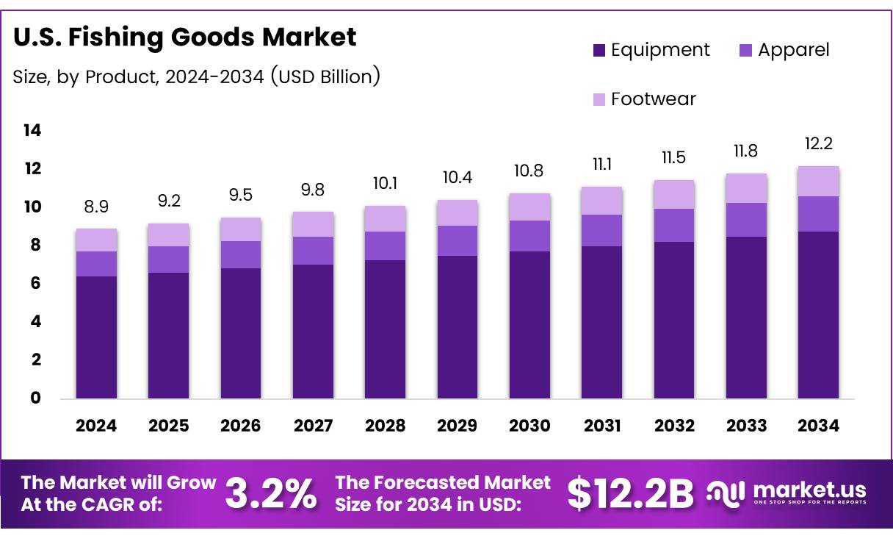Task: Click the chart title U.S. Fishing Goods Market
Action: (185, 37)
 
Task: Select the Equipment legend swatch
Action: (599, 51)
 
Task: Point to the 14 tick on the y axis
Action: (32, 131)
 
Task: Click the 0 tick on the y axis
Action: (36, 398)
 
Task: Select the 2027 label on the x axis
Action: (313, 426)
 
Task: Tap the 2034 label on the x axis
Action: (818, 426)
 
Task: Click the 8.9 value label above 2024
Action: (96, 207)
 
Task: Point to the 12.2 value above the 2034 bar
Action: (818, 144)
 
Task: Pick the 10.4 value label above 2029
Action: (457, 179)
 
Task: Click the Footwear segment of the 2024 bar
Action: (96, 240)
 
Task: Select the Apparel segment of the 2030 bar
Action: (529, 236)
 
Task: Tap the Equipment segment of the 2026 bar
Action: (241, 333)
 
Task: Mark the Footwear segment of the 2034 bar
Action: (818, 181)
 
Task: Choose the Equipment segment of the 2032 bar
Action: (674, 320)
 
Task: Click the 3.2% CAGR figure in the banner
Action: (271, 493)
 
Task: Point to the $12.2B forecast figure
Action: (630, 493)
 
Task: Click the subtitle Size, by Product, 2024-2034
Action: (196, 76)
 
